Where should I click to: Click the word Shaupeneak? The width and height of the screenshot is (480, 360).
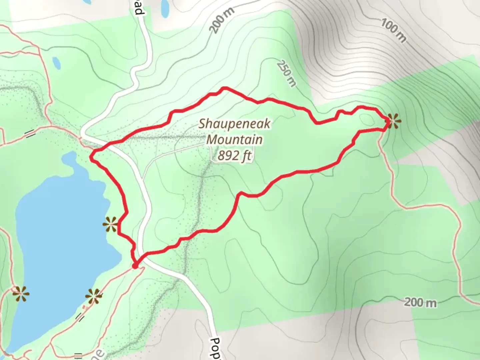(x=234, y=124)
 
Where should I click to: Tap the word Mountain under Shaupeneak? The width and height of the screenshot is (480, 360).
(x=234, y=139)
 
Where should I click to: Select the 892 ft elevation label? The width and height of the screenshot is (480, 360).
(x=234, y=155)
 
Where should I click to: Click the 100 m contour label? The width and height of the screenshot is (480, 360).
(x=394, y=31)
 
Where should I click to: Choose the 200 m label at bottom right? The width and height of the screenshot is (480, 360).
(x=420, y=303)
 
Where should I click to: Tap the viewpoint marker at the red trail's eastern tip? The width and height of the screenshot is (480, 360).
(x=392, y=121)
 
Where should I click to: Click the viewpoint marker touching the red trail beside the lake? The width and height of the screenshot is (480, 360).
(x=111, y=224)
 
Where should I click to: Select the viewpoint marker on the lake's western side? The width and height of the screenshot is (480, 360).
(x=21, y=294)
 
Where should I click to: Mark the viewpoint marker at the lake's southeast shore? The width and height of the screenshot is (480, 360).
(x=93, y=296)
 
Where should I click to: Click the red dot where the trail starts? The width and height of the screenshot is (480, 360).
(x=135, y=266)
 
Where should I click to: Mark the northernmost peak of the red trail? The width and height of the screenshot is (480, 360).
(x=225, y=88)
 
